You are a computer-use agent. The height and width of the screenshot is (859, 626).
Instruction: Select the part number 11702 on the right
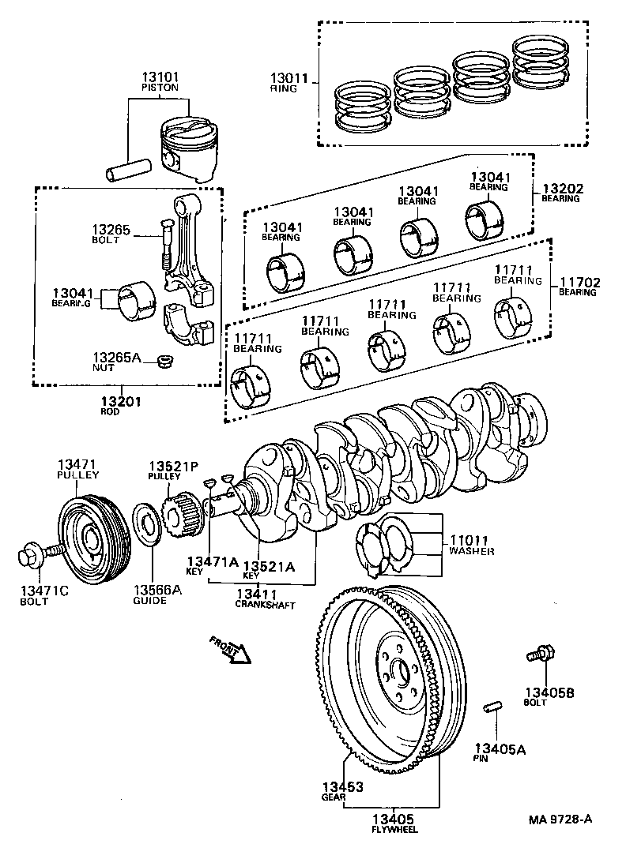click(x=578, y=282)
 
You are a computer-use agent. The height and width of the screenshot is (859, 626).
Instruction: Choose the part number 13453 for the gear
click(x=342, y=786)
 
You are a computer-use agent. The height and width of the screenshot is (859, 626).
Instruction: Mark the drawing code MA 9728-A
click(x=560, y=820)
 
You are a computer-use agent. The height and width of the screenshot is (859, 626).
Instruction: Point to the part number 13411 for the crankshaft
click(x=255, y=593)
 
